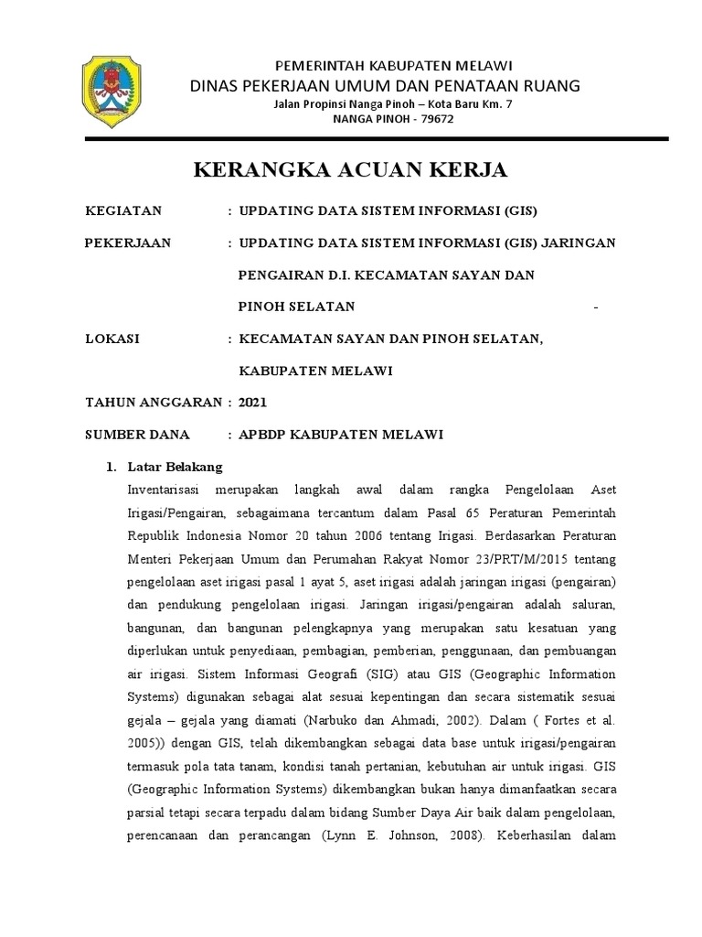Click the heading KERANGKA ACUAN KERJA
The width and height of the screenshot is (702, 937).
pos(350,170)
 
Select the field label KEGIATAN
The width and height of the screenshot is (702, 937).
pos(122,211)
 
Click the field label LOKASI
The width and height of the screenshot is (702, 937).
pos(112,339)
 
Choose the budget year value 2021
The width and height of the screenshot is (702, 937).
pos(253,403)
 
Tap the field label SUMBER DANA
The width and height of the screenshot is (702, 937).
pos(137,435)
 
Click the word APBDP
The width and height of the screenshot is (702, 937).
pos(267,435)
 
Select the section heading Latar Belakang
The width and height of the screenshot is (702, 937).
pos(177,467)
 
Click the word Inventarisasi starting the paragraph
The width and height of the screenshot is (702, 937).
pos(171,490)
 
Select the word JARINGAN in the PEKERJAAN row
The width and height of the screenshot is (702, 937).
pos(579,242)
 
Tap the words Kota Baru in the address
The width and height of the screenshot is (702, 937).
pos(434,104)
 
